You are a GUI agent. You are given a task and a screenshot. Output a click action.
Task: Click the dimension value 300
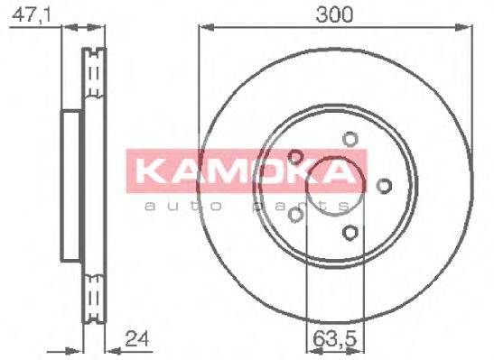335,14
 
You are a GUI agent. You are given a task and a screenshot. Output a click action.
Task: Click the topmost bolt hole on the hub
350,139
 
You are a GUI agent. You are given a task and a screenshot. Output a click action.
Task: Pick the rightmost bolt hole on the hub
385,186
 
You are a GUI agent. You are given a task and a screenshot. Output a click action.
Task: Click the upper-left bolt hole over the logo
295,157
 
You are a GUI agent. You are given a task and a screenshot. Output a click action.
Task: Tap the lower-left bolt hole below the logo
295,214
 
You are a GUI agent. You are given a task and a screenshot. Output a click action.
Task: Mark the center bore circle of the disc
335,186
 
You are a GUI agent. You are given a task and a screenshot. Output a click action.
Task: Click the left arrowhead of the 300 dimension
204,30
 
